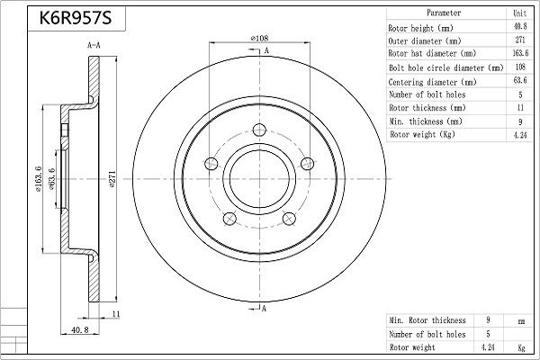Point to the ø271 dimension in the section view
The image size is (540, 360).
click(112, 177)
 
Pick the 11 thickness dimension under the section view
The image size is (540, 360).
click(117, 313)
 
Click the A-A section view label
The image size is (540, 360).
click(93, 44)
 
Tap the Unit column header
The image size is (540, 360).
click(519, 13)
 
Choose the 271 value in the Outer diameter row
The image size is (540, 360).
click(519, 40)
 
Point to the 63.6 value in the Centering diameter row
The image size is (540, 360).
click(519, 80)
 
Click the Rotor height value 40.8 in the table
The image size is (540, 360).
click(519, 27)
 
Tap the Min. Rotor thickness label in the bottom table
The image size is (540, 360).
click(427, 319)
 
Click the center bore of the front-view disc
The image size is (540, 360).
click(260, 176)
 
